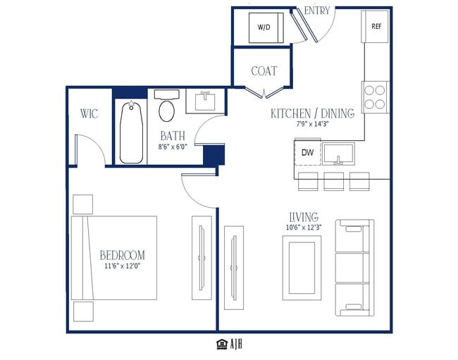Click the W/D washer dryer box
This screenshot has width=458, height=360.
pos(266,27)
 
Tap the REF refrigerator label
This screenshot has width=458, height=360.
pos(376,26)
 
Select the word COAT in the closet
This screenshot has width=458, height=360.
pos(264,71)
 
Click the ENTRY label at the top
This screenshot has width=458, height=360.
pos(317,11)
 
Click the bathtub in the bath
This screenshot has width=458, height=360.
pos(131,132)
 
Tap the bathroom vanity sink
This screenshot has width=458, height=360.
pos(205,101)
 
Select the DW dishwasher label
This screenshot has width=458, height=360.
pos(308,152)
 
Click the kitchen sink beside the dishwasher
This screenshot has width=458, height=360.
pos(338,154)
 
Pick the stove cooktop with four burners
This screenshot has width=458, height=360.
pos(375,97)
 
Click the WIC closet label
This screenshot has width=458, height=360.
pos(89,113)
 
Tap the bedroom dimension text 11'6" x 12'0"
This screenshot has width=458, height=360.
pos(123,266)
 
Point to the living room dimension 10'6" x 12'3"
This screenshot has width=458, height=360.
pos(304,228)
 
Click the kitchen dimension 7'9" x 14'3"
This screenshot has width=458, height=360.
pos(313,124)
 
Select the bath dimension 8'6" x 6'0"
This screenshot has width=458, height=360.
pos(173,147)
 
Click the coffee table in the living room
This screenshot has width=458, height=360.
pos(302,268)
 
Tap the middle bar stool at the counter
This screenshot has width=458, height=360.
pos(333,181)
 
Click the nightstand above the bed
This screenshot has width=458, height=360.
pos(82,204)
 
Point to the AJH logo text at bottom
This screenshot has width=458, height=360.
pos(236,345)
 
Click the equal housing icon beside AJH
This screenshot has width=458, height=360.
pos(222,345)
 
